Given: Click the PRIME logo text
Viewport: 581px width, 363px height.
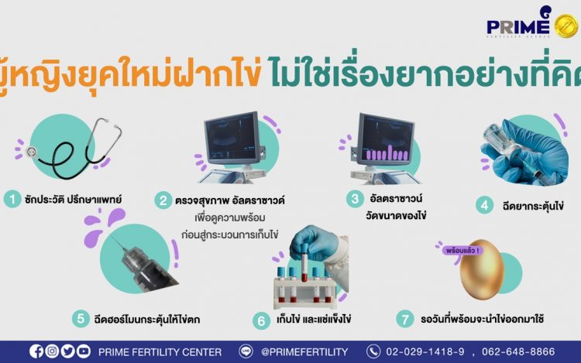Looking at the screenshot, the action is click(x=518, y=26).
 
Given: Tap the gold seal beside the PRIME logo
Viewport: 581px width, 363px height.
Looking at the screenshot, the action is click(x=566, y=26).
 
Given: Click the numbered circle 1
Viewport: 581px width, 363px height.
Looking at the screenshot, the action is click(x=12, y=199).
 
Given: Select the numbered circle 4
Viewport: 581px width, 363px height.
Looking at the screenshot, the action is click(x=485, y=205).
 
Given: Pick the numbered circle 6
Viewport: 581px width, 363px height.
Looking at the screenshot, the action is click(x=261, y=320).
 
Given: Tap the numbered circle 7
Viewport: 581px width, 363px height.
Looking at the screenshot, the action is click(x=405, y=319).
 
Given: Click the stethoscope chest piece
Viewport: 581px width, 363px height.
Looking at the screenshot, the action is click(x=31, y=152).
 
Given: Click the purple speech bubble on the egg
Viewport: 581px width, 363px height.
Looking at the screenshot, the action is click(x=462, y=251).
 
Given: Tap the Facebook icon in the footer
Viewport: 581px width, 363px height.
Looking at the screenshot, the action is click(x=36, y=351).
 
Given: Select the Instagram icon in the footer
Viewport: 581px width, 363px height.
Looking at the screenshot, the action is click(x=52, y=351).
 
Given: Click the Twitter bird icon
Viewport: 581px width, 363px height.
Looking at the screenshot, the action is click(x=68, y=351).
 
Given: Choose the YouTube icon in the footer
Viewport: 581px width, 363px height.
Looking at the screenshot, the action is click(x=84, y=351).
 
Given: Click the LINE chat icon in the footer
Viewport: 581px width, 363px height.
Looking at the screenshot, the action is click(x=246, y=351).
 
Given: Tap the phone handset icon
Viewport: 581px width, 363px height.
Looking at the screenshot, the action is click(x=373, y=351).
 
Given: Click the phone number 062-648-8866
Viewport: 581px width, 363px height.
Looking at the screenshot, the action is click(x=518, y=351).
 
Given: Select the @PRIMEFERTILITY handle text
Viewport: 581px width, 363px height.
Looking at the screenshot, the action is click(x=304, y=351).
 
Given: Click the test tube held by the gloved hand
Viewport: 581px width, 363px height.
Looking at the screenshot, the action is click(x=304, y=262).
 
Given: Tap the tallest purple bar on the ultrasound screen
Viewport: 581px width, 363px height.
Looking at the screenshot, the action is click(x=390, y=152).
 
